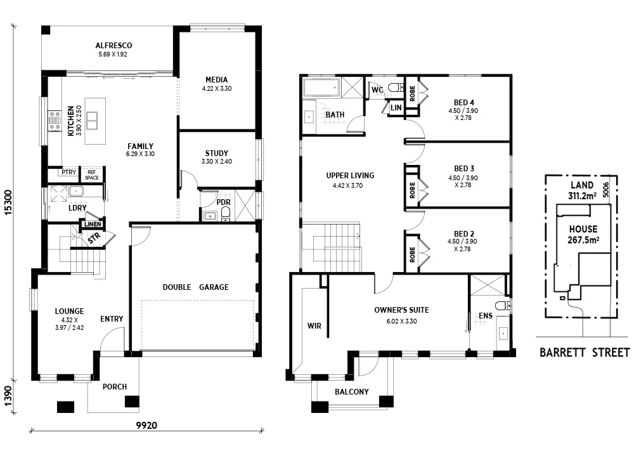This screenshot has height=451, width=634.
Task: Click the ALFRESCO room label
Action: click(113, 46)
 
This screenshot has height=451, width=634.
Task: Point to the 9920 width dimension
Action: click(146, 424)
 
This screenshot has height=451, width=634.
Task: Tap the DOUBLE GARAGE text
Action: click(195, 287)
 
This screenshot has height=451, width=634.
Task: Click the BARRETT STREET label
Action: click(584, 353)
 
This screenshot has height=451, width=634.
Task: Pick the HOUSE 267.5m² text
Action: click(583, 234)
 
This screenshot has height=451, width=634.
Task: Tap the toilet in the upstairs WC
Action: click(395, 88)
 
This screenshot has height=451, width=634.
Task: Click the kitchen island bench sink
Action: click(92, 120)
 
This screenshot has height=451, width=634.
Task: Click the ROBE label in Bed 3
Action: click(412, 189)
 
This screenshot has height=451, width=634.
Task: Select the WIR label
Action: click(314, 326)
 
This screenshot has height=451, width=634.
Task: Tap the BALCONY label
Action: click(352, 391)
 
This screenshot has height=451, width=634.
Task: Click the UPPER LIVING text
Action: click(350, 176)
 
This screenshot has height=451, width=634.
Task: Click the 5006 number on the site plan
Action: click(606, 188)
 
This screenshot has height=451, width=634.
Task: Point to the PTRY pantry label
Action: click(68, 173)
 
